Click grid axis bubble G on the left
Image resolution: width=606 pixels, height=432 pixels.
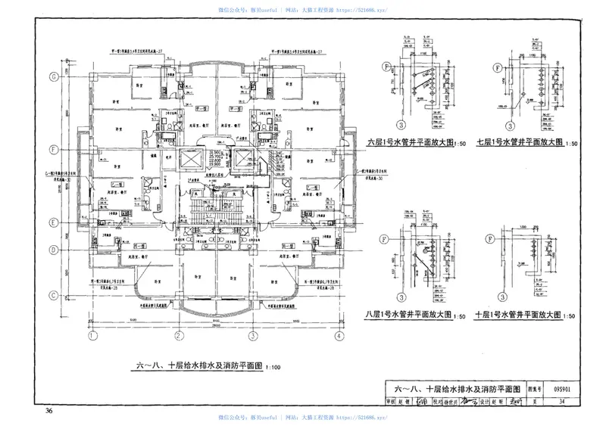[54, 77]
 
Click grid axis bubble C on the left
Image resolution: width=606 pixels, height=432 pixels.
[54, 294]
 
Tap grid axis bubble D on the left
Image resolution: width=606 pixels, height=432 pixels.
[54, 249]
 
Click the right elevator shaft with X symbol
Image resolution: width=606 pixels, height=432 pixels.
[244, 159]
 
